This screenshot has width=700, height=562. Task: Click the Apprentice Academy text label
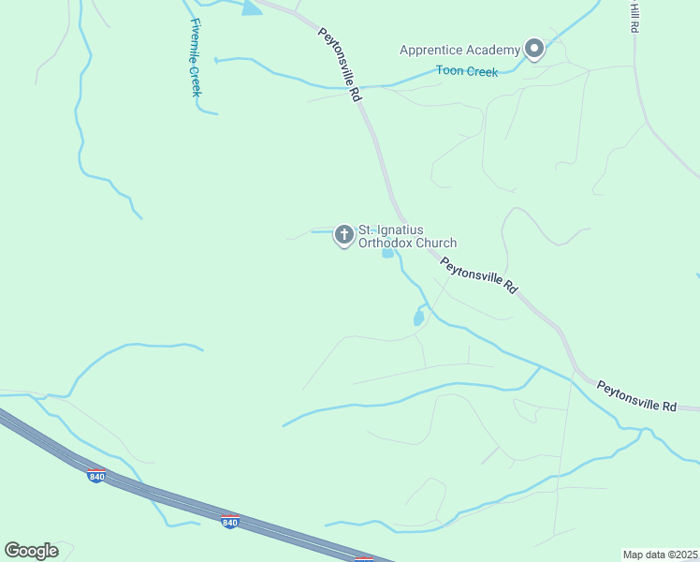(x=459, y=50)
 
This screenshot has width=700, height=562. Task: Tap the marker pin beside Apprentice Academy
(x=534, y=48)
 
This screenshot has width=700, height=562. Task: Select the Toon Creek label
(x=467, y=71)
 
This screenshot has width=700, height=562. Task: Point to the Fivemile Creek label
(x=196, y=57)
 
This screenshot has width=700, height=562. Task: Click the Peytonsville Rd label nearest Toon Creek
(x=340, y=64)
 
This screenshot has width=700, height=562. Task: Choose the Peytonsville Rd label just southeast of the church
(x=479, y=276)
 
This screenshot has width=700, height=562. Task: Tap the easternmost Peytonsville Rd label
(x=636, y=395)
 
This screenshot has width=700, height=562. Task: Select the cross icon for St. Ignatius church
(x=343, y=234)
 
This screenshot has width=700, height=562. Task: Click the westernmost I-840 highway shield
(x=96, y=476)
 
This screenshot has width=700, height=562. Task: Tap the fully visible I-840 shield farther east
(x=229, y=520)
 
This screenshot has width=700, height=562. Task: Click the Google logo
(x=31, y=551)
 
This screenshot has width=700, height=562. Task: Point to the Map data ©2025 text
(x=660, y=555)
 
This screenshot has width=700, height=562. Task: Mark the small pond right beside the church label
(x=387, y=253)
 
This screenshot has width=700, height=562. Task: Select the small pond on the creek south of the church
(x=418, y=318)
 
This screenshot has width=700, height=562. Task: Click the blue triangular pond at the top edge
(x=251, y=7)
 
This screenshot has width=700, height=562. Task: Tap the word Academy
(x=496, y=50)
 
